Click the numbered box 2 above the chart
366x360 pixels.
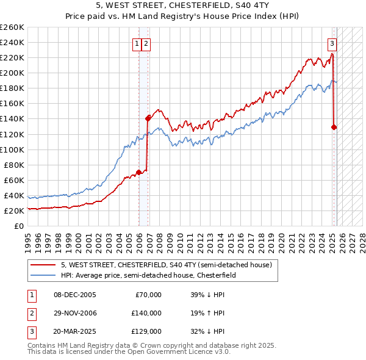(147, 43)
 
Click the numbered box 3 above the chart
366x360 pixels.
(332, 43)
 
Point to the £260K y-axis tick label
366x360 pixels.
(12, 27)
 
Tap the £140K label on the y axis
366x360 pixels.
(12, 119)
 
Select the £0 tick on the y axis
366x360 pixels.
(18, 226)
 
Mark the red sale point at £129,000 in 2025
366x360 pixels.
(334, 127)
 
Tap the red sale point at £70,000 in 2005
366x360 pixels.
(138, 172)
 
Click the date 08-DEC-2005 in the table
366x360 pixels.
(75, 295)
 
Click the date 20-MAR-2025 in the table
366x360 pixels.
(76, 332)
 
